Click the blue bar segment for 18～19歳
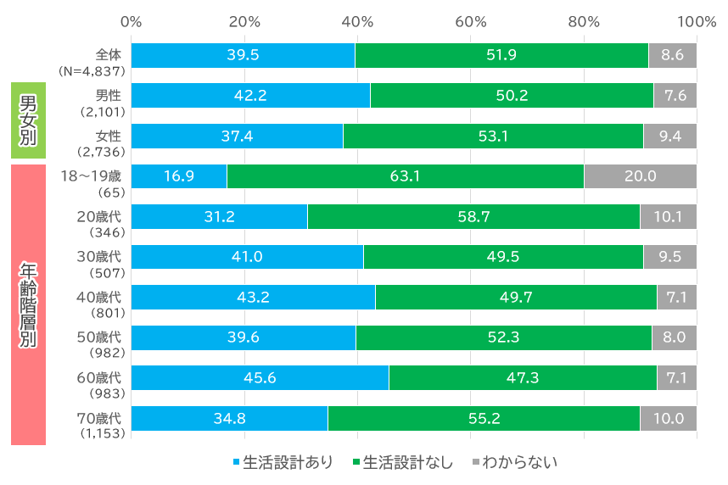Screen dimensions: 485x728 179,176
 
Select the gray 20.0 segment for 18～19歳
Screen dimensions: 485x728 640,176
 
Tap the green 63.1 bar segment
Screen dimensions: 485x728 405,176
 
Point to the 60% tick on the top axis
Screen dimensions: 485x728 470,21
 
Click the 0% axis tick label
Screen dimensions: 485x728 131,21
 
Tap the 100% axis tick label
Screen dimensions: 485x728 697,21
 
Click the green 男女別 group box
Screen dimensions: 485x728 27,120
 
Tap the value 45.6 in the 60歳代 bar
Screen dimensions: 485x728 260,377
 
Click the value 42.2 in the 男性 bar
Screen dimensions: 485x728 250,96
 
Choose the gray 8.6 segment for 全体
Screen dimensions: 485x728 672,55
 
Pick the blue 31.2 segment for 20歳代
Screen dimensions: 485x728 219,216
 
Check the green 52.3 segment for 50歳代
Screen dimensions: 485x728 503,337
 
